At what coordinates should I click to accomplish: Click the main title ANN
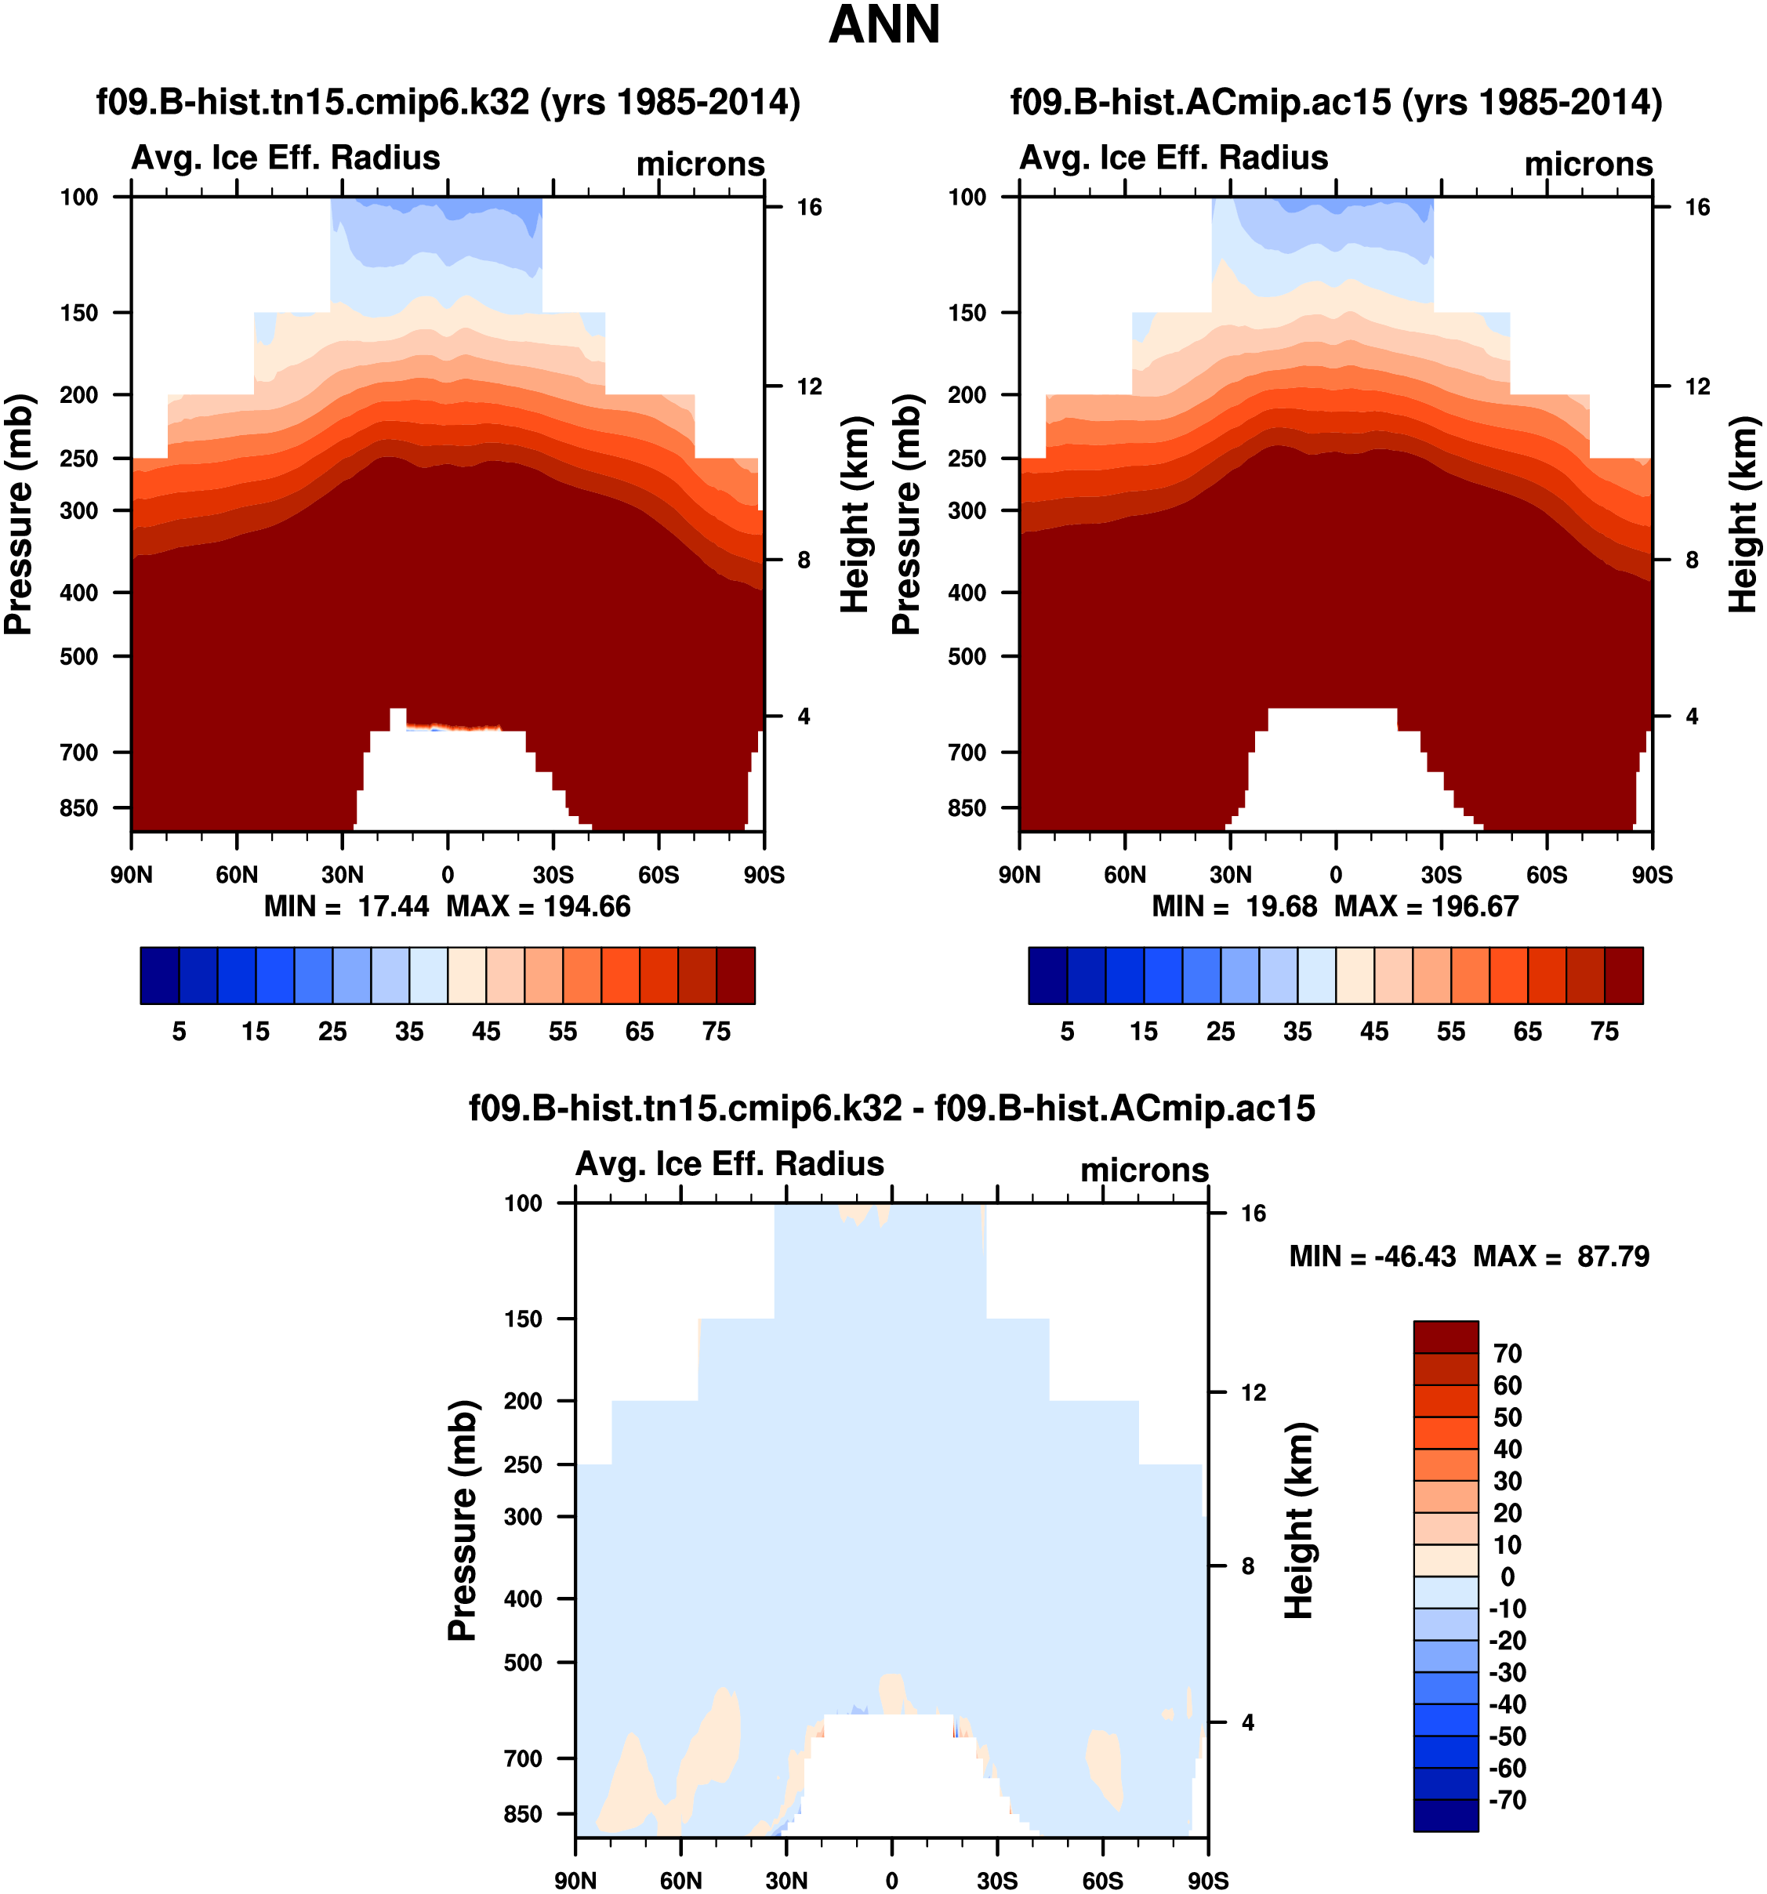[884, 25]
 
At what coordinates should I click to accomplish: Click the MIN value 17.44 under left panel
[394, 906]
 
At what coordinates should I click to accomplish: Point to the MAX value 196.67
[1475, 906]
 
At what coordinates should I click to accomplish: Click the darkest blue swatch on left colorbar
[159, 975]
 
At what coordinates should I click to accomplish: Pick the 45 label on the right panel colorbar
[1373, 1032]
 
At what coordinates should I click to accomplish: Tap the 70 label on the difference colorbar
[1508, 1353]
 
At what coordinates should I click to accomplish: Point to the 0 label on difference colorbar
[1507, 1577]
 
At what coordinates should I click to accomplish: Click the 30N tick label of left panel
[342, 875]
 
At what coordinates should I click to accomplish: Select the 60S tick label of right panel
[1547, 875]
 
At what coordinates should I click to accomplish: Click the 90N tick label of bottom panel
[575, 1881]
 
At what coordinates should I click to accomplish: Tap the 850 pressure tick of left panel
[79, 808]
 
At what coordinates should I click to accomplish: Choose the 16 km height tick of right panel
[1697, 208]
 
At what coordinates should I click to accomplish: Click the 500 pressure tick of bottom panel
[523, 1663]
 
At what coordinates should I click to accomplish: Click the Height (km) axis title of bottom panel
[1299, 1521]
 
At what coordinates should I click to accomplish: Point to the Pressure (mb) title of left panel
[19, 514]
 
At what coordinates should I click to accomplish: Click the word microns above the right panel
[1588, 164]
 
